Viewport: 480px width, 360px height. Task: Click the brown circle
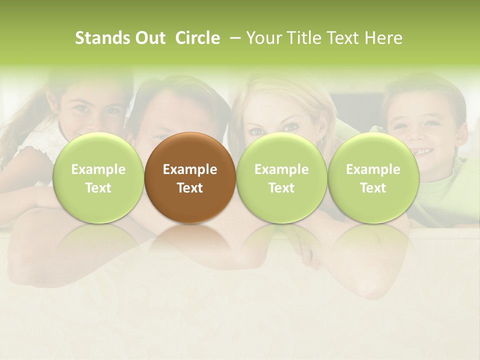[189, 177]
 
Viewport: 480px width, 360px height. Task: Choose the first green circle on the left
[98, 177]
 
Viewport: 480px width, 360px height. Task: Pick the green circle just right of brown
[281, 177]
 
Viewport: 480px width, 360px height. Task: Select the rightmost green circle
[373, 177]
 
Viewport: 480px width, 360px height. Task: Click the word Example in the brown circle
[190, 169]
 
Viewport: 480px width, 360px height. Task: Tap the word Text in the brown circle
[190, 188]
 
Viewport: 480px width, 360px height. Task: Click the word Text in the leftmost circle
[98, 188]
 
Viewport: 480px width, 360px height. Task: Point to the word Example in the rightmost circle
[373, 169]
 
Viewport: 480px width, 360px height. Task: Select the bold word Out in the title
[149, 38]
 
